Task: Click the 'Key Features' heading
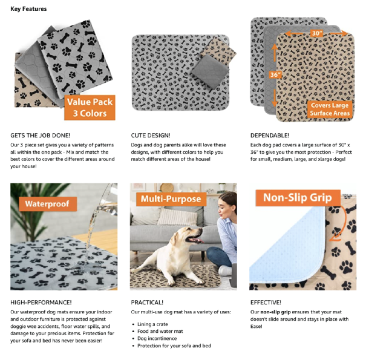pyautogui.click(x=28, y=9)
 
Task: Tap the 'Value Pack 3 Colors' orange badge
pyautogui.click(x=90, y=108)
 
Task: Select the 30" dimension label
pyautogui.click(x=316, y=33)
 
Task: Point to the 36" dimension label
pyautogui.click(x=275, y=74)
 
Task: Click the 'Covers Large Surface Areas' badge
pyautogui.click(x=330, y=109)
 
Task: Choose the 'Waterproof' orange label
pyautogui.click(x=48, y=204)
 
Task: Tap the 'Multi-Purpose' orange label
pyautogui.click(x=171, y=199)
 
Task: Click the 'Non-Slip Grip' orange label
pyautogui.click(x=298, y=198)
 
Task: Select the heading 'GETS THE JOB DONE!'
pyautogui.click(x=40, y=136)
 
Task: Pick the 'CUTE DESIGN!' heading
pyautogui.click(x=151, y=136)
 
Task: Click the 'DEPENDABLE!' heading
pyautogui.click(x=270, y=136)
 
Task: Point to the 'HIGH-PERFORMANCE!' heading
pyautogui.click(x=41, y=303)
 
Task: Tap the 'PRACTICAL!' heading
pyautogui.click(x=147, y=303)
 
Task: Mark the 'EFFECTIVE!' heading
pyautogui.click(x=266, y=303)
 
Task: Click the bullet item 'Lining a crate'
pyautogui.click(x=152, y=324)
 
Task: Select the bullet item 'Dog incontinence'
pyautogui.click(x=157, y=339)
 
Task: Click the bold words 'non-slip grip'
pyautogui.click(x=275, y=312)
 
